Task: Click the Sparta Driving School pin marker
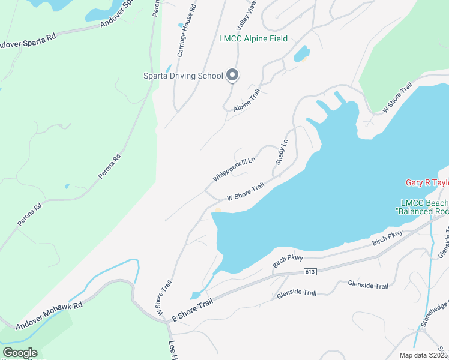click(233, 76)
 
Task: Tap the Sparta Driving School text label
click(182, 76)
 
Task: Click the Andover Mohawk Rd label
click(49, 316)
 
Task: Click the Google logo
click(20, 353)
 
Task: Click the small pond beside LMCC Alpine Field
click(301, 54)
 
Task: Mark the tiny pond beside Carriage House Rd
click(180, 25)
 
